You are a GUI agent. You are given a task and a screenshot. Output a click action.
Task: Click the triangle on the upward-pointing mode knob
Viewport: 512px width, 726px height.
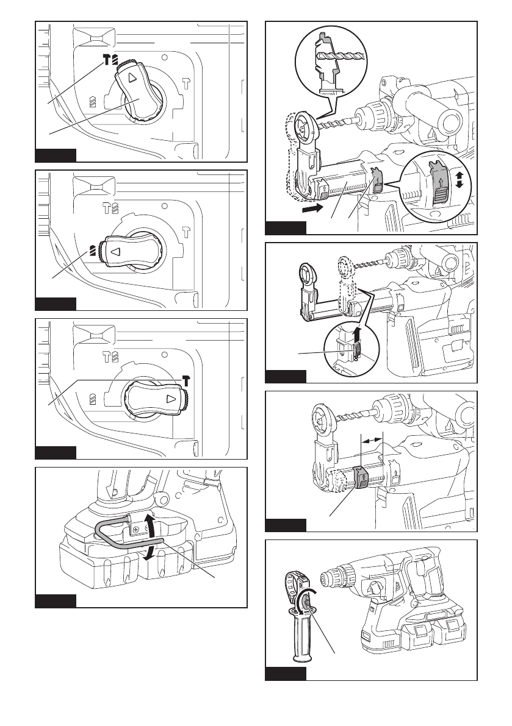[x=132, y=77]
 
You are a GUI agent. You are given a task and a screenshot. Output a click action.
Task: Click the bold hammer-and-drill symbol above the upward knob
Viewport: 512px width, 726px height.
[x=110, y=60]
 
